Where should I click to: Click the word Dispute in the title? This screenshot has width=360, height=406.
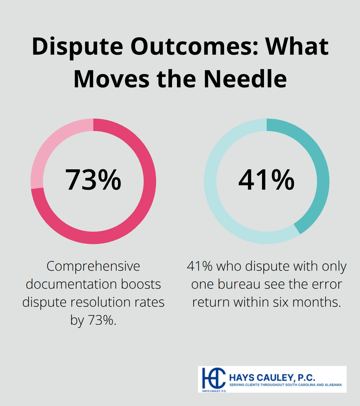pyautogui.click(x=77, y=47)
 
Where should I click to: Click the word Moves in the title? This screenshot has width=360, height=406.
pyautogui.click(x=111, y=79)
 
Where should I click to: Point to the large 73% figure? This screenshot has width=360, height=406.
pyautogui.click(x=93, y=180)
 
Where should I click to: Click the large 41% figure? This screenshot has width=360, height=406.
pyautogui.click(x=266, y=180)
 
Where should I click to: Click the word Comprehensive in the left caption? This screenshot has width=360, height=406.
pyautogui.click(x=93, y=266)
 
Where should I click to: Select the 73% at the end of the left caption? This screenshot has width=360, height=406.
pyautogui.click(x=102, y=320)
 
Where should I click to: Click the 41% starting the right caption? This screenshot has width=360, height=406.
pyautogui.click(x=200, y=266)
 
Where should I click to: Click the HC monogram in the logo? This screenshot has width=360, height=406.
pyautogui.click(x=214, y=378)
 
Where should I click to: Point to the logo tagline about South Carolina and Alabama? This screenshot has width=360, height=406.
pyautogui.click(x=286, y=385)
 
